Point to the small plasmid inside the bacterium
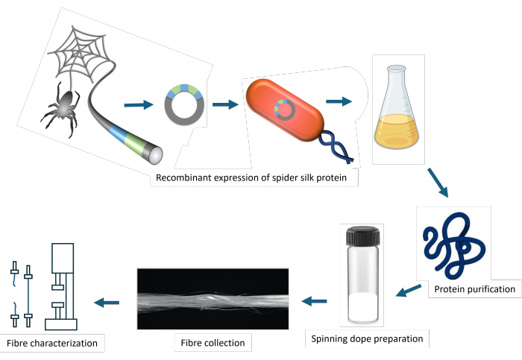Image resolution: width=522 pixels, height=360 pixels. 285,110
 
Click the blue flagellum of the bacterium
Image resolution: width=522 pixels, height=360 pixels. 336,147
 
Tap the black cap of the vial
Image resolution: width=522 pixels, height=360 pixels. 363,236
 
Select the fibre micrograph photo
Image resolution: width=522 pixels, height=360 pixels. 213,299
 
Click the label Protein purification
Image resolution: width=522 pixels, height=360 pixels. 475,289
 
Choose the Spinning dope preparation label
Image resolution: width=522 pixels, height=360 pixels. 367,338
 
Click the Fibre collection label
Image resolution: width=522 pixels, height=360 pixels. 213,343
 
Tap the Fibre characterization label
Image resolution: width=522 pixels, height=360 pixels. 52,343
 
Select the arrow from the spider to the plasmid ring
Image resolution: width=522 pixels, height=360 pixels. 139,105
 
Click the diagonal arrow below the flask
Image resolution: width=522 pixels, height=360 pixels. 438,183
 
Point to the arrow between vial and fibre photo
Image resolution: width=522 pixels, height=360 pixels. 314,301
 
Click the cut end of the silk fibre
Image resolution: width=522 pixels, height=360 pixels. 155,155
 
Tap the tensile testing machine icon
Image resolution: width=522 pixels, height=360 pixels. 61,286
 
